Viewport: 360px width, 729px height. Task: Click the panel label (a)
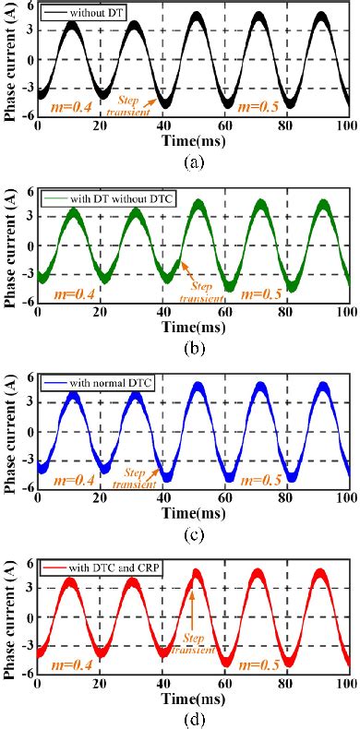point(194,161)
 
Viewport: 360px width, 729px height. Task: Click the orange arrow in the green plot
point(189,273)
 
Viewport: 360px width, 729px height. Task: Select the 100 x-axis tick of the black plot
point(346,128)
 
